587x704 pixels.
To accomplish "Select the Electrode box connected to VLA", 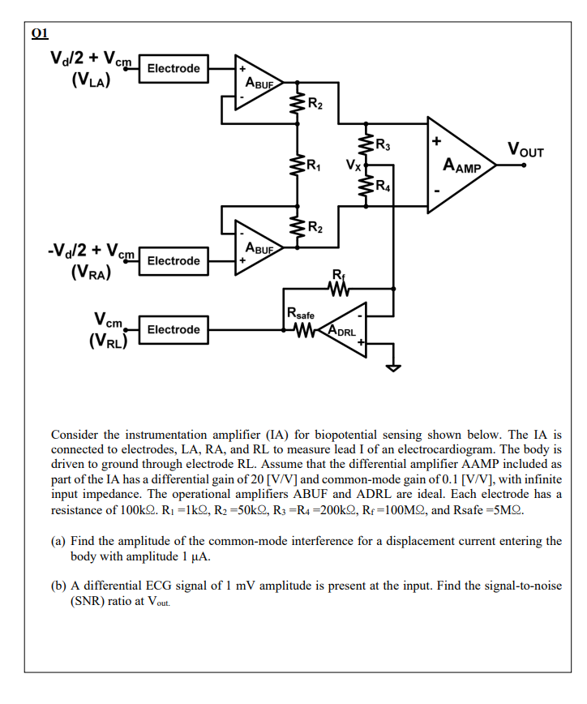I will [x=174, y=68].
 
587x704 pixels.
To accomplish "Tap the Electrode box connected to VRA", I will [x=174, y=260].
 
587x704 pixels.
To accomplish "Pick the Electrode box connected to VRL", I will [x=174, y=329].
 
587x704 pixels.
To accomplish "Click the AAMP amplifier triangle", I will [x=458, y=165].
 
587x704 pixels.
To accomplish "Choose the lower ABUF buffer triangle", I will [x=255, y=246].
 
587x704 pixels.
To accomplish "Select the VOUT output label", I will [x=525, y=149].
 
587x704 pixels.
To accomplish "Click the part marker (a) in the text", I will [x=59, y=540].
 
